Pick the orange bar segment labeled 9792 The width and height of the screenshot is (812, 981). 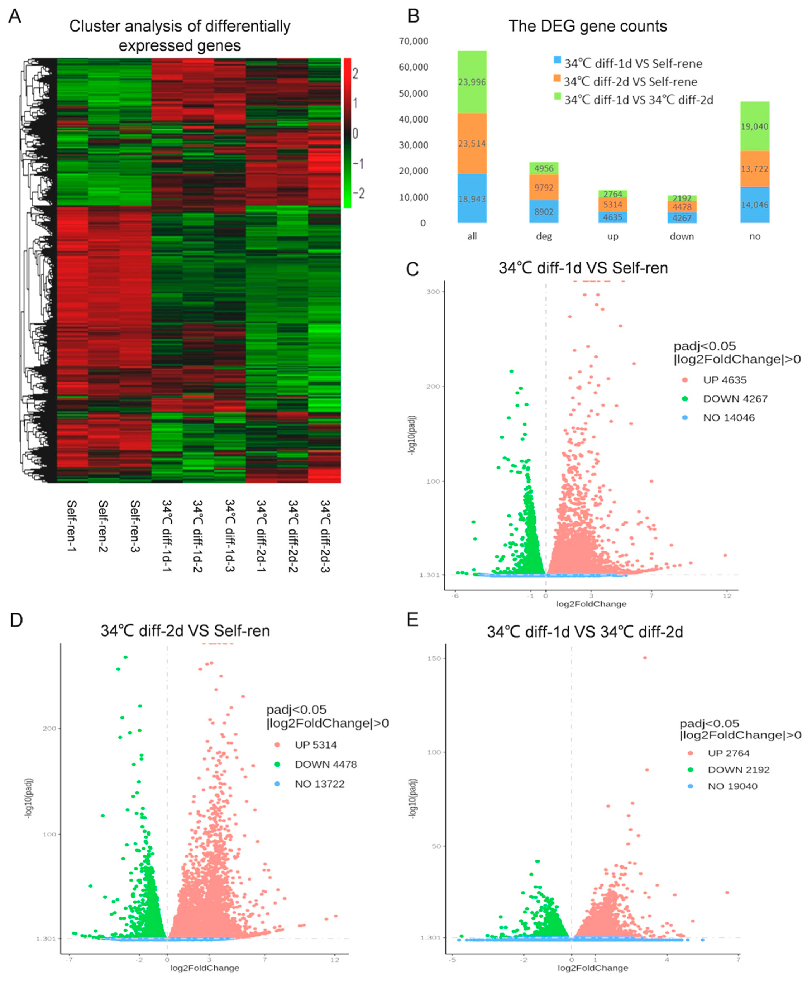pyautogui.click(x=544, y=187)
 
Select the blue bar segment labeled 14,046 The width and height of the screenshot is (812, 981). pyautogui.click(x=754, y=205)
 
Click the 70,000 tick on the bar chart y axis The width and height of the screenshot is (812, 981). pyautogui.click(x=413, y=42)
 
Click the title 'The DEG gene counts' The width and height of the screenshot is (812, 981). pyautogui.click(x=587, y=26)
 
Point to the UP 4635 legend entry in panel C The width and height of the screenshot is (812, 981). pyautogui.click(x=724, y=380)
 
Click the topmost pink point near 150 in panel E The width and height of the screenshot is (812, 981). pyautogui.click(x=645, y=658)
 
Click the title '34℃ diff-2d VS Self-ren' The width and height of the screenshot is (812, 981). pyautogui.click(x=185, y=631)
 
